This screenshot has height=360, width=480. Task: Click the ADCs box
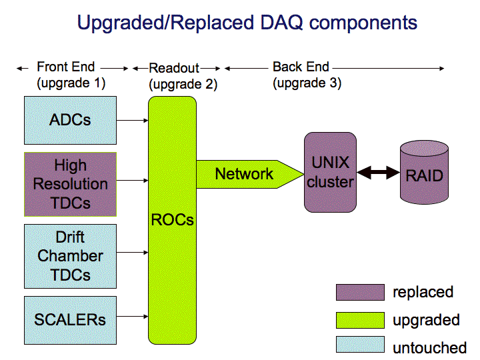pyautogui.click(x=70, y=120)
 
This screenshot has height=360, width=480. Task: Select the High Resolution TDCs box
pyautogui.click(x=70, y=184)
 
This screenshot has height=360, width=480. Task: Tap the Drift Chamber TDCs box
pyautogui.click(x=70, y=256)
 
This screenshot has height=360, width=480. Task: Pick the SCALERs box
pyautogui.click(x=70, y=320)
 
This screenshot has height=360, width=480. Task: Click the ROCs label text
pyautogui.click(x=173, y=220)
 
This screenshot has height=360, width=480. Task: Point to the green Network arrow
pyautogui.click(x=250, y=174)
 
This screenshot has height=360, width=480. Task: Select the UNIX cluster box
pyautogui.click(x=330, y=172)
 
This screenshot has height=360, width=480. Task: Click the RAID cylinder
pyautogui.click(x=424, y=172)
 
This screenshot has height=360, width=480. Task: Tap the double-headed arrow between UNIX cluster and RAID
pyautogui.click(x=379, y=173)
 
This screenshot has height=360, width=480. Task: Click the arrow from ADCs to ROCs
pyautogui.click(x=132, y=120)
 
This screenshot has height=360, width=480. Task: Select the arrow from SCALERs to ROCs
pyautogui.click(x=132, y=316)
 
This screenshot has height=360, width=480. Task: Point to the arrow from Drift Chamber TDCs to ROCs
pyautogui.click(x=132, y=253)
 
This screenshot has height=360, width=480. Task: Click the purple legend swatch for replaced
pyautogui.click(x=360, y=292)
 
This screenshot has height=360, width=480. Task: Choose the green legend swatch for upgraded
pyautogui.click(x=360, y=320)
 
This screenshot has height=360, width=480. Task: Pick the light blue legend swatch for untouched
pyautogui.click(x=360, y=345)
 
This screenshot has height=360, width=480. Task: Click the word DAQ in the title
pyautogui.click(x=281, y=23)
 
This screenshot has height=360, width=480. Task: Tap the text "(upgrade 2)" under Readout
pyautogui.click(x=183, y=84)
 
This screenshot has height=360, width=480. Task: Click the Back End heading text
pyautogui.click(x=301, y=67)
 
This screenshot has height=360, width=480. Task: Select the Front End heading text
pyautogui.click(x=66, y=67)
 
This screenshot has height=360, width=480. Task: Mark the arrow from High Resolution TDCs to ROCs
pyautogui.click(x=132, y=180)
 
